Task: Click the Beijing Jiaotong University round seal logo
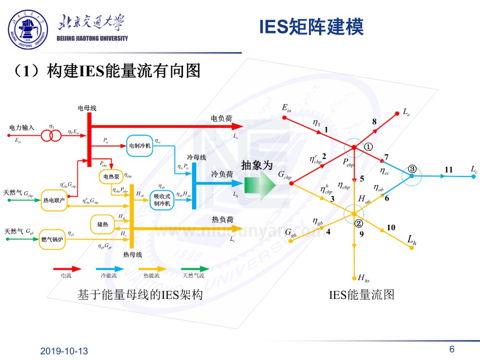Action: coord(28,30)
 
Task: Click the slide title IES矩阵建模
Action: coord(311,27)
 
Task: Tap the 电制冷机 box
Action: coord(140,145)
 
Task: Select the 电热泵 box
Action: coord(110,176)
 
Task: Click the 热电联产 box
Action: coord(54,200)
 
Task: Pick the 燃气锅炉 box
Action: coord(53,239)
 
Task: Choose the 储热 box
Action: coord(103,224)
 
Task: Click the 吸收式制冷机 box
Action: coord(162,200)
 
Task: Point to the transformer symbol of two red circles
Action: coord(52,136)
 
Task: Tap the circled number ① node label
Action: coord(368,147)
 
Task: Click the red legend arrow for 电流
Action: coord(67,268)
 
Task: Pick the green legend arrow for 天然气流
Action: coord(195,268)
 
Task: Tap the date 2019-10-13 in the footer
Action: coord(64,351)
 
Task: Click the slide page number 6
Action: coord(452,349)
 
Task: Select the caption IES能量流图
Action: coord(361,294)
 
